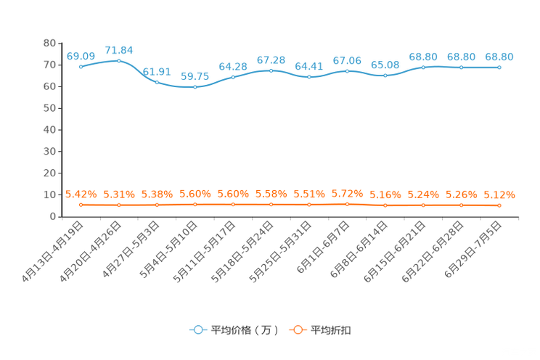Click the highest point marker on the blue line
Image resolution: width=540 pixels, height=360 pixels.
(x=119, y=60)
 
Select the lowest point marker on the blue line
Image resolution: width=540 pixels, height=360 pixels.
(x=195, y=86)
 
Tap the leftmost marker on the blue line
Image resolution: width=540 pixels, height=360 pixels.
(x=81, y=67)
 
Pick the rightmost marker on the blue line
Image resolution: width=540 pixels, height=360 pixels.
(x=499, y=67)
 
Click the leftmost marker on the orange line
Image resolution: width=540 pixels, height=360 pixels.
(x=81, y=205)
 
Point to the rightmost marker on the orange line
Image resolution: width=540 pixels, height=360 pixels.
(x=499, y=206)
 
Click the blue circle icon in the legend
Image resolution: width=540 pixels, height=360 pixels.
(x=197, y=330)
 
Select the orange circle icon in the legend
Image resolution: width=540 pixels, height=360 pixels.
(x=297, y=330)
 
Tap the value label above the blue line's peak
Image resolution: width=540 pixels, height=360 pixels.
(x=119, y=50)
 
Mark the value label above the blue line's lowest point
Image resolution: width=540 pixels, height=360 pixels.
(x=195, y=76)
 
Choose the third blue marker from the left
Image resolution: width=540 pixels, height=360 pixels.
(x=157, y=81)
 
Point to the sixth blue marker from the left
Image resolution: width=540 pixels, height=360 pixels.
(x=271, y=70)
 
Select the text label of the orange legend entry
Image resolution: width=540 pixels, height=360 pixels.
(x=331, y=330)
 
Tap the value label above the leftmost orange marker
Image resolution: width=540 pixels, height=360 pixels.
(x=81, y=195)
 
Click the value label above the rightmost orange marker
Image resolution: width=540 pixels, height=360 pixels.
(x=499, y=195)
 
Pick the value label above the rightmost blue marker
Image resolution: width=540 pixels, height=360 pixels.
(x=499, y=57)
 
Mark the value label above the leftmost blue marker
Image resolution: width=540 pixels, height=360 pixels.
(x=81, y=56)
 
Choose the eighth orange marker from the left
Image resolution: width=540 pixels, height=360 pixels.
(x=347, y=205)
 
